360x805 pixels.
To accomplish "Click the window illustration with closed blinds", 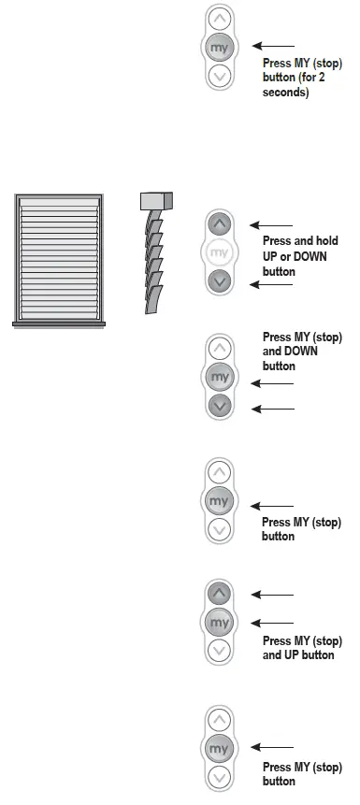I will [x=58, y=257].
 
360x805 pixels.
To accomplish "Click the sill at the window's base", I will [x=58, y=323].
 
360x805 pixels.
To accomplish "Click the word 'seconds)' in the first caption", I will [x=286, y=93].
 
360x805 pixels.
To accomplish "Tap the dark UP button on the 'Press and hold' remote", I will [x=218, y=224].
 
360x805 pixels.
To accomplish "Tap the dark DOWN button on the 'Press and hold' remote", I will [x=218, y=280].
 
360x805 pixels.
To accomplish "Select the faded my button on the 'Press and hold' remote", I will [x=218, y=252].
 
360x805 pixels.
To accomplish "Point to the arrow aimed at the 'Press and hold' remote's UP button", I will [x=273, y=225].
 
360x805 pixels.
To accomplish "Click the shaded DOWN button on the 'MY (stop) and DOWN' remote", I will [x=220, y=406].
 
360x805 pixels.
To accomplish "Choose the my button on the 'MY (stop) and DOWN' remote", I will [x=220, y=377].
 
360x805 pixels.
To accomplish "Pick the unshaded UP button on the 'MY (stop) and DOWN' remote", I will [x=220, y=349].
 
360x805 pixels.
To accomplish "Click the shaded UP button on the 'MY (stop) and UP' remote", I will [x=219, y=594].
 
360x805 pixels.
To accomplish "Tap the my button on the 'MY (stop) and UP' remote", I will [x=219, y=622].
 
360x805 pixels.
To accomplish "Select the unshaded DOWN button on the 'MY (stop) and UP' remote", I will [x=219, y=651].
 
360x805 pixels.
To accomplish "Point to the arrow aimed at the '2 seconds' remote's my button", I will [x=273, y=45].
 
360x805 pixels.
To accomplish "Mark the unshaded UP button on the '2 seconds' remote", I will [x=219, y=18].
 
